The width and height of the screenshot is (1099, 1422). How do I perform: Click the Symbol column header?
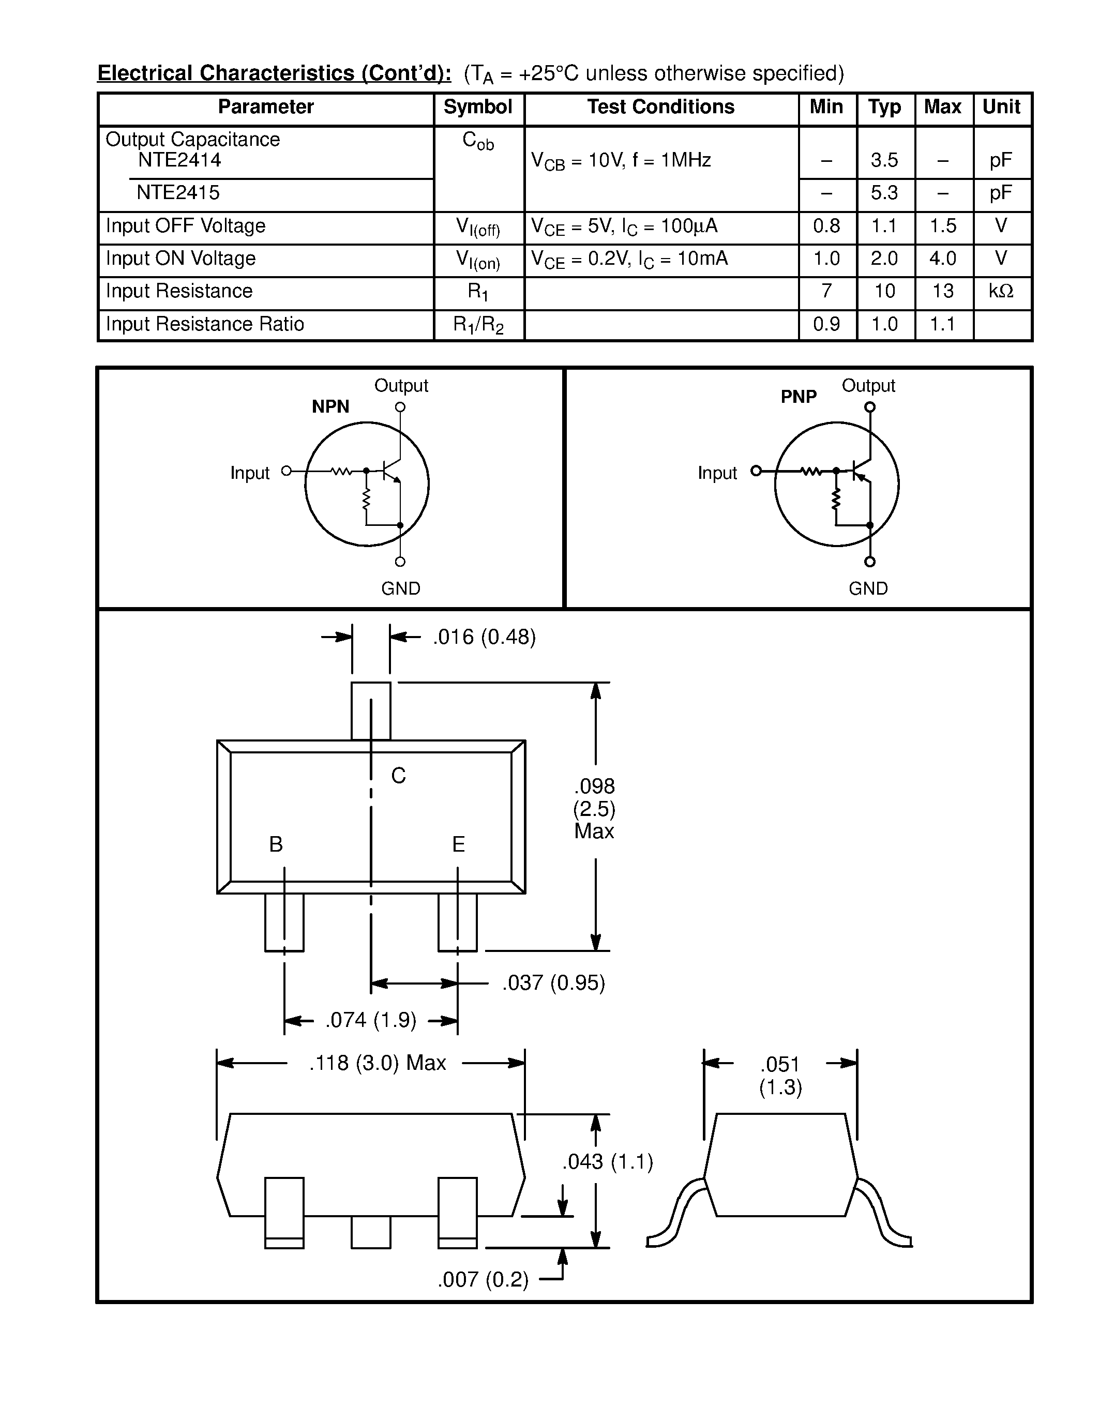477,107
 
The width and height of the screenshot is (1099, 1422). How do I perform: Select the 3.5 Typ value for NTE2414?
884,160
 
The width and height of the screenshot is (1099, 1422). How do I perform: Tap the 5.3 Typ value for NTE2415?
884,193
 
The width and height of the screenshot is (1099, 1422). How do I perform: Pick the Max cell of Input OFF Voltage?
942,226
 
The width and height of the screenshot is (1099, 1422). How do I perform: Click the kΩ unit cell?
1001,291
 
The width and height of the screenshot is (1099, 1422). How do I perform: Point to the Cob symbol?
478,141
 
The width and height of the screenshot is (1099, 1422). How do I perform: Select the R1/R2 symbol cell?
478,324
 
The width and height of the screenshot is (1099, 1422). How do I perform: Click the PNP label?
798,397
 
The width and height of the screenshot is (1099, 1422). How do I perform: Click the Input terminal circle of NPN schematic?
286,471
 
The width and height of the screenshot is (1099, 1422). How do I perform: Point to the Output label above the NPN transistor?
401,385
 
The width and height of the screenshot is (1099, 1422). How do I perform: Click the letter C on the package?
398,776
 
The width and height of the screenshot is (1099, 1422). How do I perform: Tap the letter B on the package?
276,844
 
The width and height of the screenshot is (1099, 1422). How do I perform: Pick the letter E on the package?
458,844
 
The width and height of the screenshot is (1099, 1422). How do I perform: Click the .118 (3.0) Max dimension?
377,1063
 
